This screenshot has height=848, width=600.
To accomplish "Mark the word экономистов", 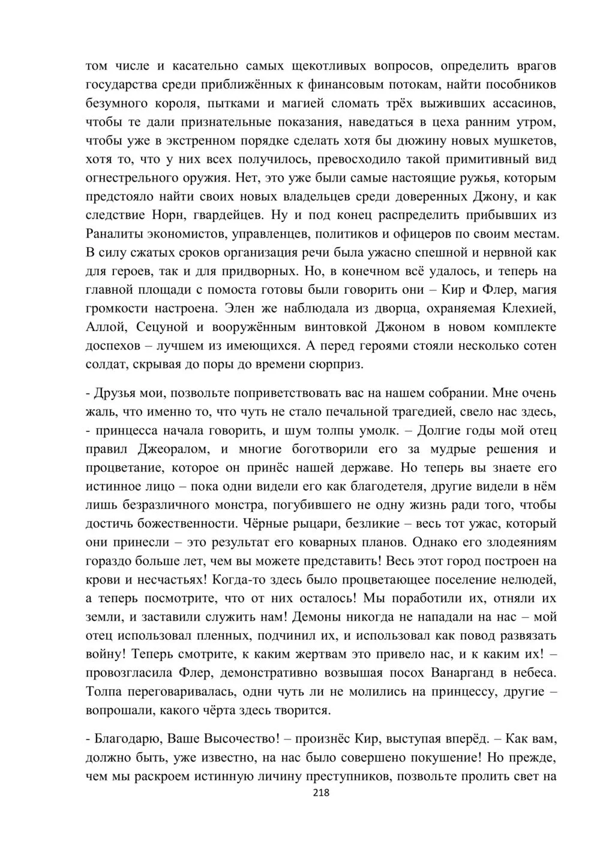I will (194, 233).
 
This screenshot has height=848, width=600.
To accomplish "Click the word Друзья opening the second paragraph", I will (116, 393).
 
